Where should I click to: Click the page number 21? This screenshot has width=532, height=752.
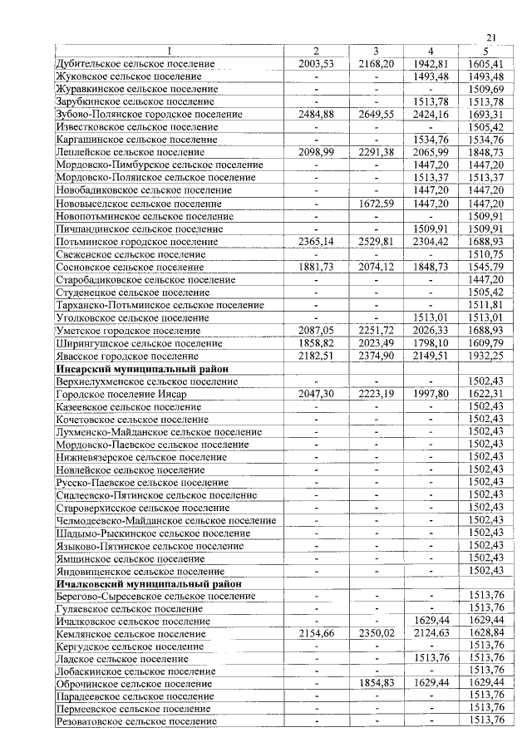(x=490, y=37)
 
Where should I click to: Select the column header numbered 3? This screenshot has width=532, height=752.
(x=376, y=52)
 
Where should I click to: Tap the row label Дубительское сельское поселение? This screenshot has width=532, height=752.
(x=135, y=64)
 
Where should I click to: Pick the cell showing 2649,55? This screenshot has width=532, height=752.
(x=376, y=115)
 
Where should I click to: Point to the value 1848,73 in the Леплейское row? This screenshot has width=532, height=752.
(x=486, y=153)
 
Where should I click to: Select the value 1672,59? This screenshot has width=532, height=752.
(x=376, y=204)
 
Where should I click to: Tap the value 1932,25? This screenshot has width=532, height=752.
(x=486, y=356)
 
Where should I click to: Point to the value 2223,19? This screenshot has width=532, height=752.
(x=376, y=394)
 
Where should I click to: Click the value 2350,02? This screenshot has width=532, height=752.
(x=376, y=634)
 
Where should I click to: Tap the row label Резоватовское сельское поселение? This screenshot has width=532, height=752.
(x=136, y=722)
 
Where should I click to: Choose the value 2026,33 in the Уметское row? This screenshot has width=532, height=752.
(x=431, y=331)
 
